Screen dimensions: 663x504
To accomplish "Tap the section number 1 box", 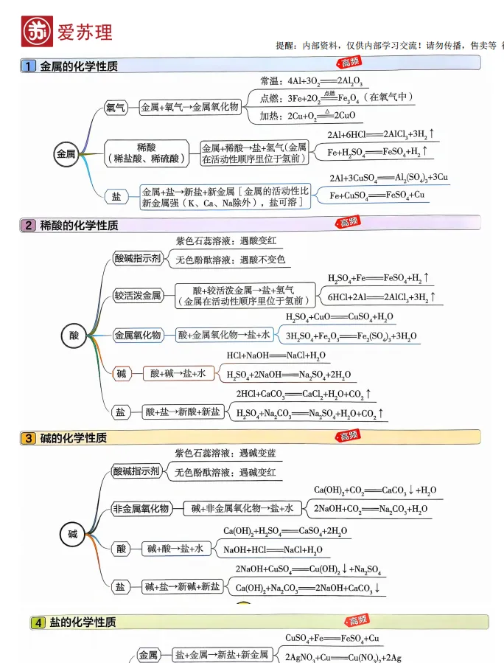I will pos(29,66).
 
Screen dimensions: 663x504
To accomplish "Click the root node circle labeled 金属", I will pos(66,154).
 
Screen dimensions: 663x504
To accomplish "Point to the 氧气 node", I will pos(116,108).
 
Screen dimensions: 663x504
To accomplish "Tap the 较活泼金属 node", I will pos(137,296).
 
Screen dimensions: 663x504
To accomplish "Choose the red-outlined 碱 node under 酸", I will pos(121,374).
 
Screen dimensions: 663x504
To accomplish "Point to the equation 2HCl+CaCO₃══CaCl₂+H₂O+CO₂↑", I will pos(303,395).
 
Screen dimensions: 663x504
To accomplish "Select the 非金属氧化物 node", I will pos(141,509).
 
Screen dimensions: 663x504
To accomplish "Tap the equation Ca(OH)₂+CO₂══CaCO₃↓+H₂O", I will pos(374,490).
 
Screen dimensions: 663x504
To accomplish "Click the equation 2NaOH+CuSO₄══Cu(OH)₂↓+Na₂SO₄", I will pos(307,569).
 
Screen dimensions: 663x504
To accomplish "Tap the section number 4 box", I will pos(38,623).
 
